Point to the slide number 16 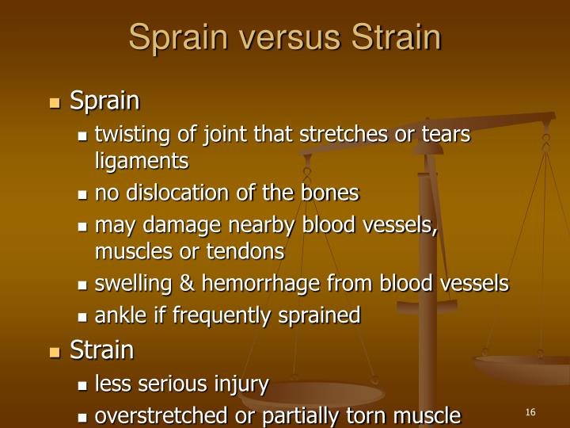[x=530, y=411]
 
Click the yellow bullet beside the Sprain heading [x=55, y=103]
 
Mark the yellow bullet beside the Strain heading [x=55, y=352]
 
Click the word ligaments [x=142, y=162]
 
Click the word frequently [x=199, y=316]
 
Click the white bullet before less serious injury [x=83, y=387]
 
